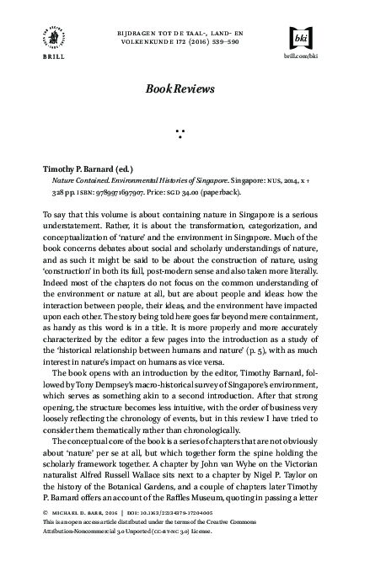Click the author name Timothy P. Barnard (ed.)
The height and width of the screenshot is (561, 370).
coord(83,168)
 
